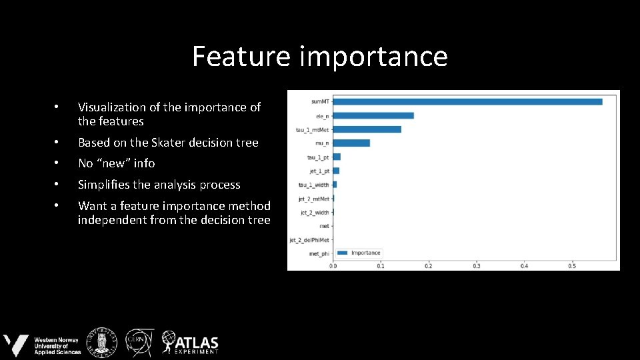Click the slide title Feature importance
pos(320,56)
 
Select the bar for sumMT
pos(467,102)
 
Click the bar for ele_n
pos(373,115)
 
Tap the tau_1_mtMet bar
pos(367,129)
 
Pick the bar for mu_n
pos(351,143)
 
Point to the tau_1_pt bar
pos(337,157)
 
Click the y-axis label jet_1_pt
pos(318,171)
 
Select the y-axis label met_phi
pos(318,254)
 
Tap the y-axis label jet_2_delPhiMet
pos(309,240)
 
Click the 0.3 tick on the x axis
pos(476,266)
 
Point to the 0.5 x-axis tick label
pos(571,266)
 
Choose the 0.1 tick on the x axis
pos(381,266)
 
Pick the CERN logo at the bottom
pos(140,342)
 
